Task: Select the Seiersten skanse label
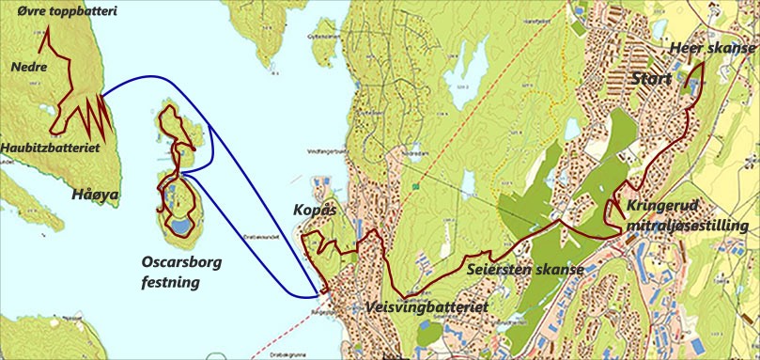click(x=525, y=270)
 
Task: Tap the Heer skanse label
click(x=708, y=48)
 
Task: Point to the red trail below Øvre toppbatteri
click(x=55, y=56)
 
